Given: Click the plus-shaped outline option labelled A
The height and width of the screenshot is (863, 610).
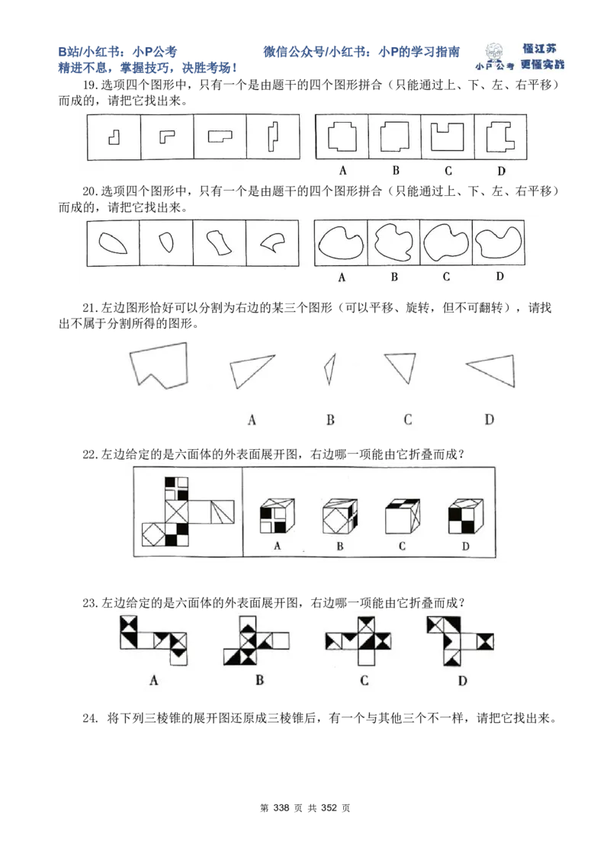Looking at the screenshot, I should point(342,137).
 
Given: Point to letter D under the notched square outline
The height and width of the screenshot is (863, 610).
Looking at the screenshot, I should point(501,171).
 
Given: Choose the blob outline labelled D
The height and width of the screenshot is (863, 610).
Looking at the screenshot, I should point(499,242).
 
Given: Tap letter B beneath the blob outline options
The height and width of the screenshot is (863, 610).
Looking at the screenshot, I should point(394,277).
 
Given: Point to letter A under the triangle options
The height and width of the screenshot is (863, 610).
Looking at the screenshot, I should point(251,419).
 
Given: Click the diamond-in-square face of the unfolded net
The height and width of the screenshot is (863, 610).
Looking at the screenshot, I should point(155,533).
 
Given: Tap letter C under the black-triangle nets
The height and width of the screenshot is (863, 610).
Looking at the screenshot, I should point(364,680).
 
